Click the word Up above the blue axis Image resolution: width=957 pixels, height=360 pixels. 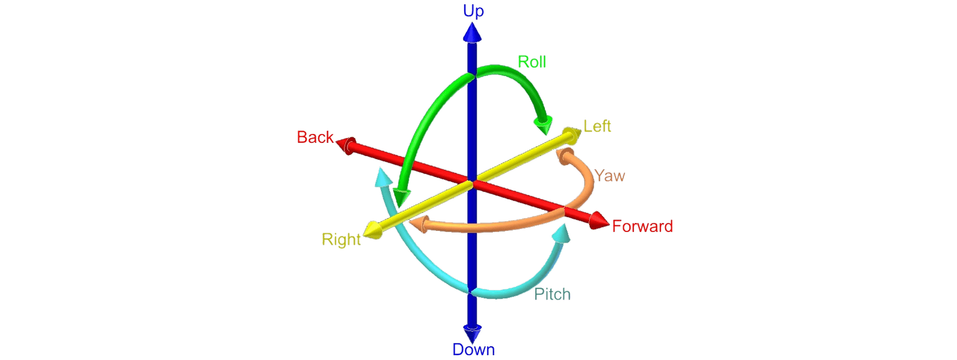[473, 11]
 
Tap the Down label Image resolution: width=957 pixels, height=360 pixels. [474, 350]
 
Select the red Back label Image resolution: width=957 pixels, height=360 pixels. [315, 137]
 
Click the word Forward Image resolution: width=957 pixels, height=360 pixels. [642, 226]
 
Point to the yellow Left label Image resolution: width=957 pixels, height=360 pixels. [597, 126]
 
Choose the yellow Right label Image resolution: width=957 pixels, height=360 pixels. [341, 240]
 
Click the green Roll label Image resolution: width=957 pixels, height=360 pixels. [532, 62]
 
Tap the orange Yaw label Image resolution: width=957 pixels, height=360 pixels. [609, 176]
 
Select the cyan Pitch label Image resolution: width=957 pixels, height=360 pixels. [552, 294]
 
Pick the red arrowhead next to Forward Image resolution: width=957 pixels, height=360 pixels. [598, 221]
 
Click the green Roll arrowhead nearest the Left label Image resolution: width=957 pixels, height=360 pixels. [544, 127]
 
